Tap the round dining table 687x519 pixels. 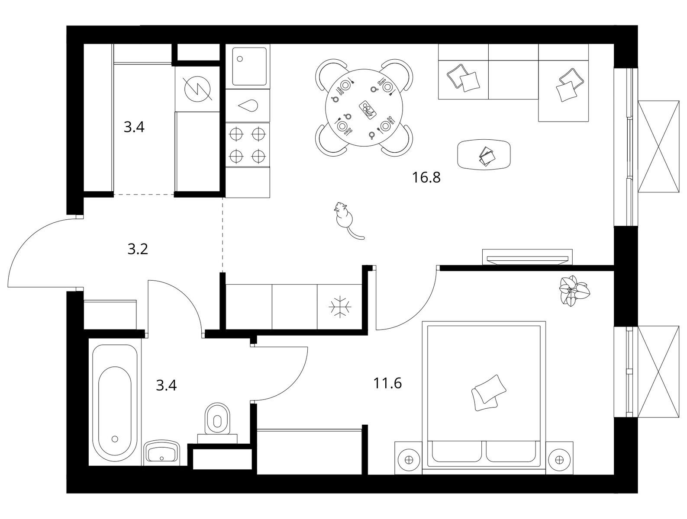tap(364, 108)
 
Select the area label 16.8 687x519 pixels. tap(426, 178)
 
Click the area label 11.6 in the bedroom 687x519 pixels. tap(387, 383)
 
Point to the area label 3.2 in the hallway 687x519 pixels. tap(138, 249)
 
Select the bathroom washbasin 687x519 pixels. tap(161, 451)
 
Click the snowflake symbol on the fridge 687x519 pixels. tap(340, 307)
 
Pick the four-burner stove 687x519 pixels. tap(247, 144)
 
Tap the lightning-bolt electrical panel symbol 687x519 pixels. tap(198, 89)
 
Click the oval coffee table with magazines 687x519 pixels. tap(484, 154)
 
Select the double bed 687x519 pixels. tap(484, 394)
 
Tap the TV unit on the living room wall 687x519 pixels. tap(527, 257)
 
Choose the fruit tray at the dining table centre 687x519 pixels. tap(368, 109)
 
